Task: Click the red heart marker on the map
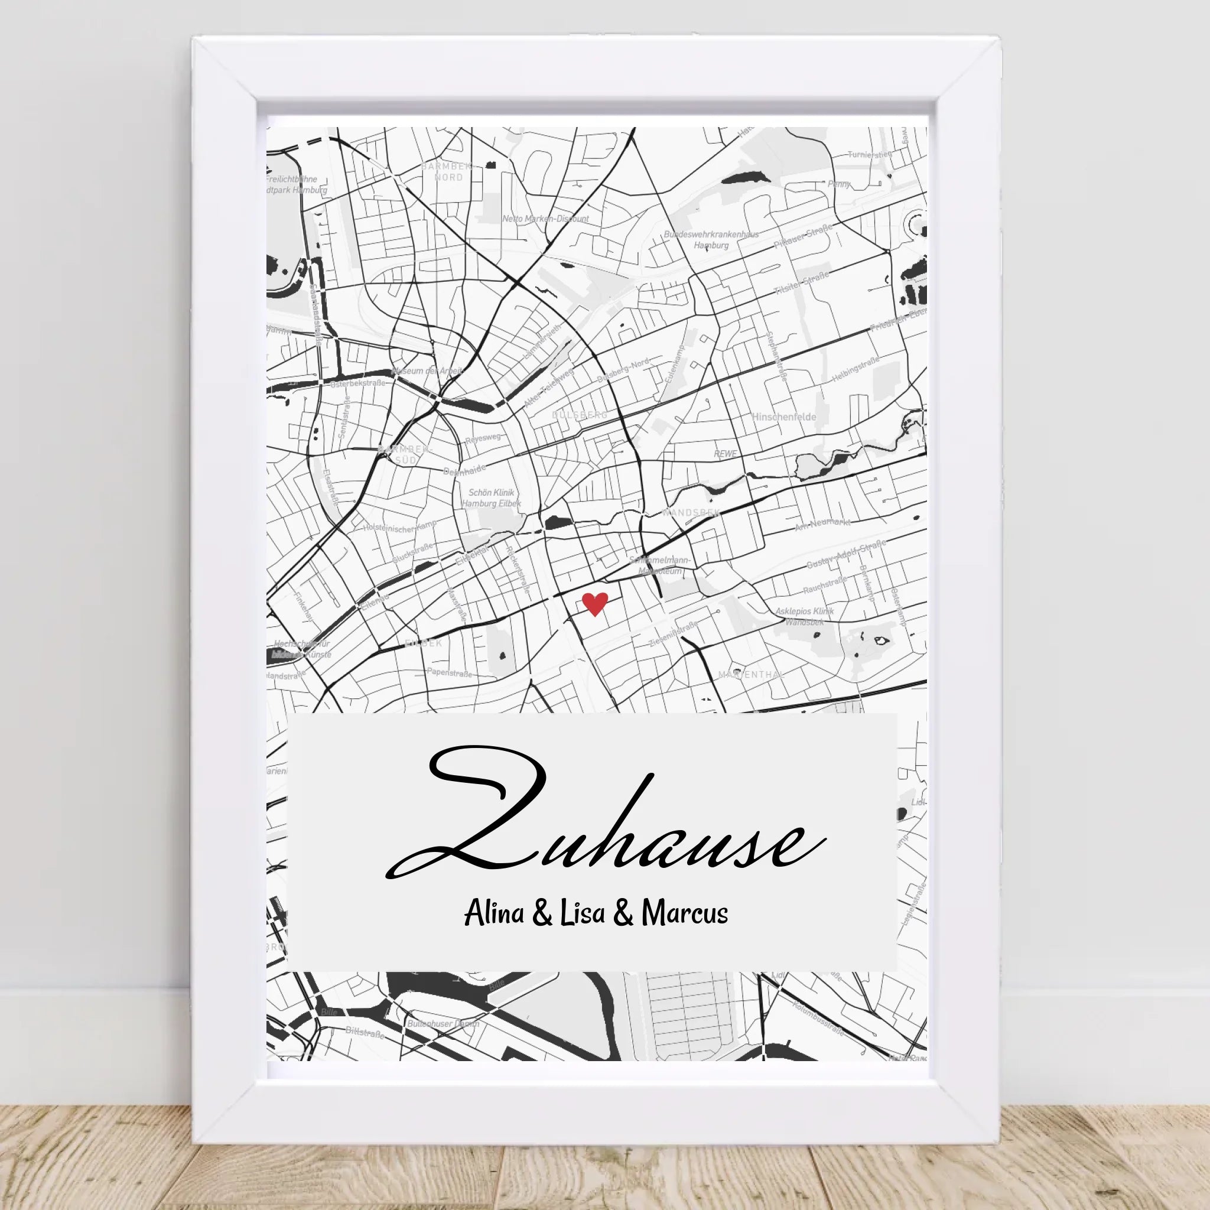click(x=594, y=604)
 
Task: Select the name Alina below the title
click(x=493, y=914)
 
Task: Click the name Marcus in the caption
click(x=685, y=914)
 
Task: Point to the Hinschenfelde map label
click(x=783, y=417)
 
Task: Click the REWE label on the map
click(x=726, y=453)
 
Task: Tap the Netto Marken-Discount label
click(x=545, y=219)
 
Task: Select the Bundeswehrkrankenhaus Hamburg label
click(x=711, y=240)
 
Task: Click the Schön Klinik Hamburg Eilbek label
click(x=491, y=498)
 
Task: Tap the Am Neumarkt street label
click(x=822, y=524)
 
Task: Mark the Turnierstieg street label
click(x=869, y=154)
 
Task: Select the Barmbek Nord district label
click(x=448, y=171)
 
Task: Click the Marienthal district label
click(x=751, y=675)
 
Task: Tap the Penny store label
click(x=838, y=184)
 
